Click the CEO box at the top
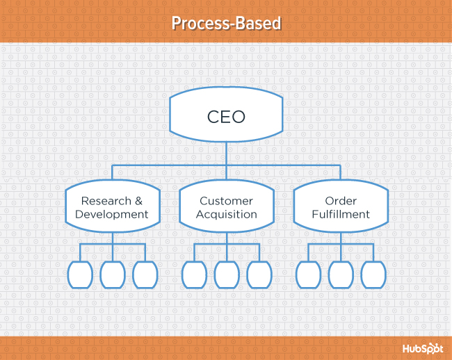(x=226, y=116)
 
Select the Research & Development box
(x=112, y=207)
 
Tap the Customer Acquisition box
(x=226, y=207)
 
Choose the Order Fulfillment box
(x=341, y=207)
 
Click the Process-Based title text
(x=226, y=23)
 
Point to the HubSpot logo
(x=422, y=348)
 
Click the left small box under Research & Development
(x=80, y=275)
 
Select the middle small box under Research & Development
(x=113, y=275)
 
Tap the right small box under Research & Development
(x=145, y=275)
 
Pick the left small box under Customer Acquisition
(x=194, y=275)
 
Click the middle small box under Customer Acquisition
(x=227, y=275)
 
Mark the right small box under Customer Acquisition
(x=259, y=275)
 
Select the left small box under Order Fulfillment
(x=308, y=275)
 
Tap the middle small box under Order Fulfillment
(x=341, y=275)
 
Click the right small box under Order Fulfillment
(x=373, y=275)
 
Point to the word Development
(x=112, y=214)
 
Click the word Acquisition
(x=226, y=214)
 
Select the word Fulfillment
(x=341, y=214)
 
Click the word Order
(x=341, y=201)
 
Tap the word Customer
(x=226, y=201)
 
